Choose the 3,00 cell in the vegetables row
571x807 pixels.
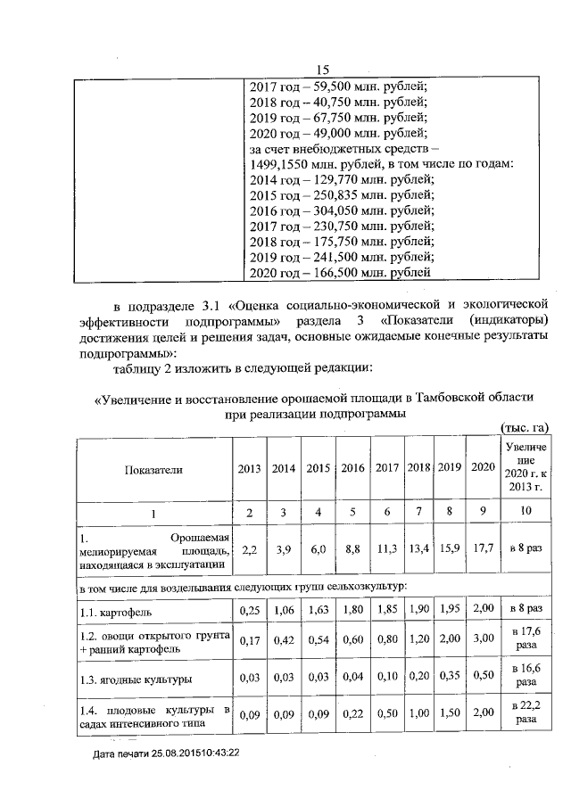tap(482, 640)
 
